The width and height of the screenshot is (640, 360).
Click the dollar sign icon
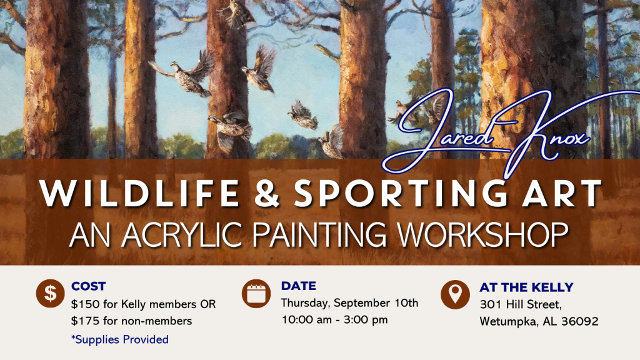(x=50, y=293)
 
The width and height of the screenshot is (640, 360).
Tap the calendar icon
(x=256, y=293)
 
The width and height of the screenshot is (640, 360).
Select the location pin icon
(x=455, y=294)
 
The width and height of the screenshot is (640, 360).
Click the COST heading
(x=89, y=286)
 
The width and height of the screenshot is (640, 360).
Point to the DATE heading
(x=298, y=286)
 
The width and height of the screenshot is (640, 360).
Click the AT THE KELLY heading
(x=526, y=287)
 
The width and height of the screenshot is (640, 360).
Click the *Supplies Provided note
(x=120, y=339)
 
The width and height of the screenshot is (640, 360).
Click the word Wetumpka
(x=509, y=322)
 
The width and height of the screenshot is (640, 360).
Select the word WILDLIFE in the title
(x=139, y=193)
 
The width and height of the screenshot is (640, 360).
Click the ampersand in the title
(x=267, y=193)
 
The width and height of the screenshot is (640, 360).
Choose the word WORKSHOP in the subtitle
(x=483, y=234)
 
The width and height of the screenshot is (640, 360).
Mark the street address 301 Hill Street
(x=521, y=304)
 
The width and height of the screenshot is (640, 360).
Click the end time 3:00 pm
(x=366, y=319)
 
